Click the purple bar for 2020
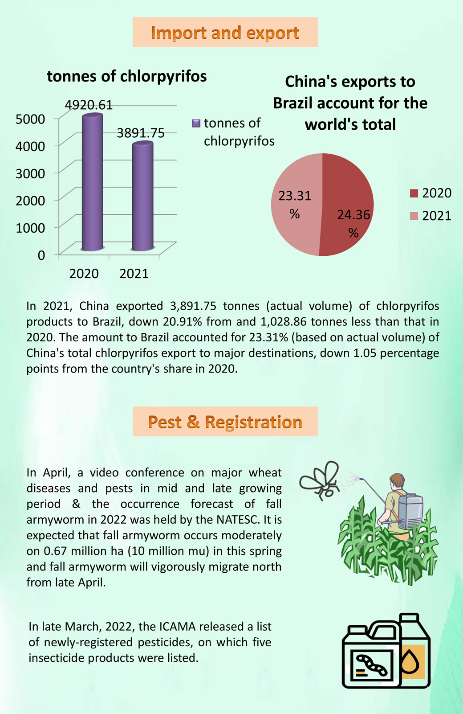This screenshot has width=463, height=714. tap(92, 182)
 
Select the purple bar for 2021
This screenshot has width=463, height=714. tap(142, 196)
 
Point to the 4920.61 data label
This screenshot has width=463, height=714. tap(89, 105)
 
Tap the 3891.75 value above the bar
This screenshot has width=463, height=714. tap(141, 133)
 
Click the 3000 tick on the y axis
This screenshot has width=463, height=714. tap(30, 173)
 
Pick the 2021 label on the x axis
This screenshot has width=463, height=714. tap(134, 274)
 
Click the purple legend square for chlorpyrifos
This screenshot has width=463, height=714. tap(196, 123)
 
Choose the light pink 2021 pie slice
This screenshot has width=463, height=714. tap(296, 204)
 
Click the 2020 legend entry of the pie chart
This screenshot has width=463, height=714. tap(431, 193)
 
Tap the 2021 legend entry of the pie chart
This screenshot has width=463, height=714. tap(431, 216)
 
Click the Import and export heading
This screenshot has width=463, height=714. tap(225, 33)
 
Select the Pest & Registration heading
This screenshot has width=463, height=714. tap(225, 422)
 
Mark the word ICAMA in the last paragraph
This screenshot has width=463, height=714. tap(177, 626)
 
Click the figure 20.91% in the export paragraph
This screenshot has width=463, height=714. tap(183, 322)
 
